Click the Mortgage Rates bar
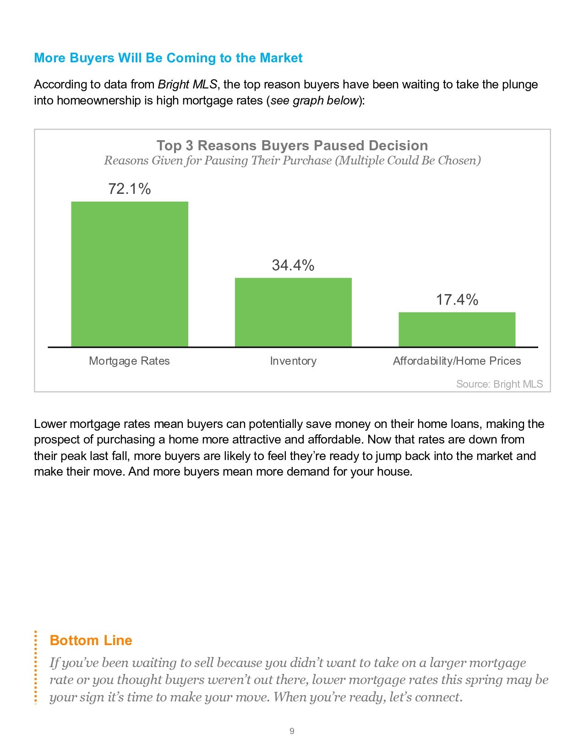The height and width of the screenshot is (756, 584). pos(129,274)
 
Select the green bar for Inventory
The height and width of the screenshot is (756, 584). pos(293,312)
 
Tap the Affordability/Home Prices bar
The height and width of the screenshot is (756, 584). pos(457,329)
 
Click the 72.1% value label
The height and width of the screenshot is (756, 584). pos(129,189)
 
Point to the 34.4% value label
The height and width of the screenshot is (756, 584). pos(293,265)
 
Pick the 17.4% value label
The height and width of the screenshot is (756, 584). pos(457,300)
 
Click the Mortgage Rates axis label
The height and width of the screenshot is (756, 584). pos(129,361)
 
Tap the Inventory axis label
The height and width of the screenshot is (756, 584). pos(293,361)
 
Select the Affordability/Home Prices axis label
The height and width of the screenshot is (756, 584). pos(457,361)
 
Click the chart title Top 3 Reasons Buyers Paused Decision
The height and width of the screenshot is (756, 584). pos(292,145)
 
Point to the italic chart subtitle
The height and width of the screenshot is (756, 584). pos(292,161)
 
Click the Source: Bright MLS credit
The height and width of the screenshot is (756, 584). pos(499,384)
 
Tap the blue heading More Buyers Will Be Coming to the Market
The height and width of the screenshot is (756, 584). pos(168,58)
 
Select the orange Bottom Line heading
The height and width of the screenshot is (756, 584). pos(91,640)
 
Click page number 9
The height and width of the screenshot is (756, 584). pos(292,731)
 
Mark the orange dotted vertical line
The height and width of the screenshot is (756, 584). pos(35,667)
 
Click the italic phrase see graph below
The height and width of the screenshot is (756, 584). pos(314,100)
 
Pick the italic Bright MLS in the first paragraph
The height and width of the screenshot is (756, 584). pos(187,85)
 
